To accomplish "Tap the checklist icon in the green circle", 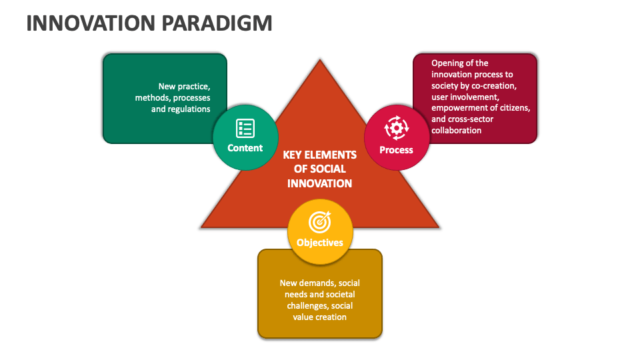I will tap(245, 128).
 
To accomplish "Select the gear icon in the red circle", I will tap(396, 127).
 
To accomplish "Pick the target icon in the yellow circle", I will tap(320, 221).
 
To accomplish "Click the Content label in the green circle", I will tap(245, 148).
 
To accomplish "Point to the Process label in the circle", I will tap(396, 150).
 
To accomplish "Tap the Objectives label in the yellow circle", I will tap(320, 243).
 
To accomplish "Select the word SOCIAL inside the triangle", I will tap(329, 169).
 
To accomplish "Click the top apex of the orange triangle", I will tap(320, 61).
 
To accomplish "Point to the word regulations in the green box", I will tap(189, 109).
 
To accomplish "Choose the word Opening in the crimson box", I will tap(448, 63).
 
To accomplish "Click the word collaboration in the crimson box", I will tap(456, 130).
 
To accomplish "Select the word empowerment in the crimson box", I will tap(459, 108).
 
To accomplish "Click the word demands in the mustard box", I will tap(327, 283).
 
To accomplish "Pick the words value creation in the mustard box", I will tap(320, 317).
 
